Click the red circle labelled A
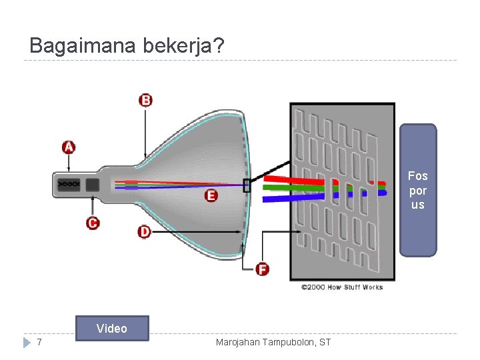69,147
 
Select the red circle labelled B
145,100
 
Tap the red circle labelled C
93,223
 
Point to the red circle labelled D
145,231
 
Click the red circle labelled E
211,195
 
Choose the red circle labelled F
263,269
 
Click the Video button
112,328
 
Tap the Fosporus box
418,190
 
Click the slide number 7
40,342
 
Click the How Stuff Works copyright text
342,287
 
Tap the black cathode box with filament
69,183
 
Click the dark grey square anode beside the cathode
93,184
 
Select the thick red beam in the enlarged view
293,179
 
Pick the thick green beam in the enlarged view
293,188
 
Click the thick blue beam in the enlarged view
293,196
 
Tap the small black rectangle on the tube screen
247,185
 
